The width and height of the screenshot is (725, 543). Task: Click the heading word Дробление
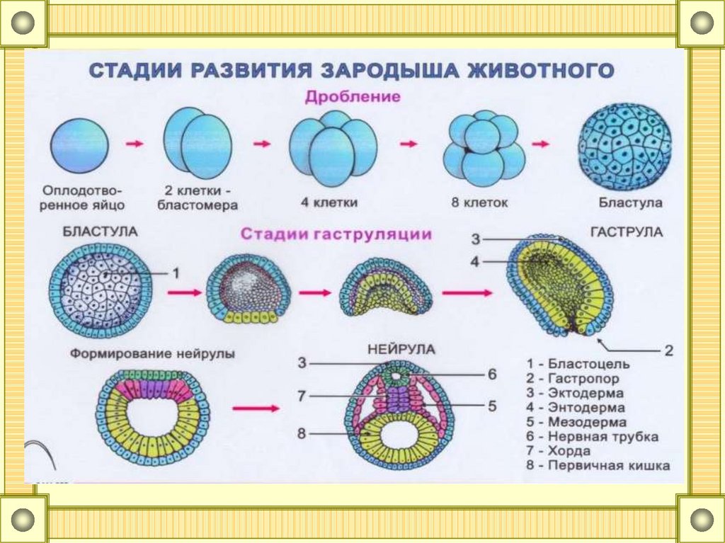(353, 97)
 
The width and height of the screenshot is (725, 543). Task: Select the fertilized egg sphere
(81, 144)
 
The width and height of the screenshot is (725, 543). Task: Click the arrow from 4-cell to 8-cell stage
(409, 144)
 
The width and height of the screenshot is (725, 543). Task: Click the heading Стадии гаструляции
(336, 234)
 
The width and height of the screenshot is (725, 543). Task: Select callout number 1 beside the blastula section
(176, 272)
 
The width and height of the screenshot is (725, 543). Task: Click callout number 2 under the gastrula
(668, 349)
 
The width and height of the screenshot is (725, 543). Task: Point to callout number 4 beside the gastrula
(475, 262)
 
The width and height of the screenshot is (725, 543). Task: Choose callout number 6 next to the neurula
(491, 374)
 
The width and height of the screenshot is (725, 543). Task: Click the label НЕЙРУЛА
(401, 349)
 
